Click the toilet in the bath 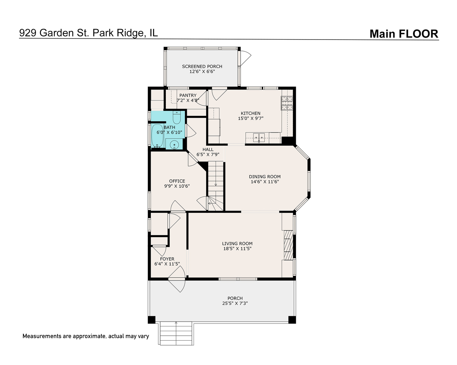[177, 117]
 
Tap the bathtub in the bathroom [157, 136]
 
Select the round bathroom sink [174, 145]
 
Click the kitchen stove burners [287, 103]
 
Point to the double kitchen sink [259, 138]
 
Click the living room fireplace [288, 245]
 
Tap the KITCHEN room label [251, 113]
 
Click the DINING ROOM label [265, 176]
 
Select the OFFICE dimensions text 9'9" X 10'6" [177, 186]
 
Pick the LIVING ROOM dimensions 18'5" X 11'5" [237, 248]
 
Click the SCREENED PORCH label [202, 66]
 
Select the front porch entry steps [176, 333]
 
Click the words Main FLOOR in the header [404, 34]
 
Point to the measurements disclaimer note [86, 336]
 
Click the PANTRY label [188, 95]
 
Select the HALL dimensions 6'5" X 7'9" [208, 154]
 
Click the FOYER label [167, 259]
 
